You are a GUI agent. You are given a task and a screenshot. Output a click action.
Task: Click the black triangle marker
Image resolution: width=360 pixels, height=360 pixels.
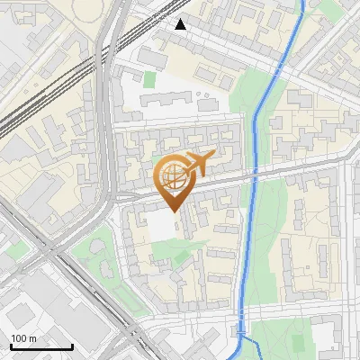[x=181, y=24]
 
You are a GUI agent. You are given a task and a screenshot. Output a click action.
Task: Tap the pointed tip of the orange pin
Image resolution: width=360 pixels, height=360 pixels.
[x=174, y=210]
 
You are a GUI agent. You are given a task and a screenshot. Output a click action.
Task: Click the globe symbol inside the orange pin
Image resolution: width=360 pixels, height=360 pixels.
[x=173, y=176]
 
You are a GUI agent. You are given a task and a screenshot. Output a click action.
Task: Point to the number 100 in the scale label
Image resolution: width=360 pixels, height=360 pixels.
[x=19, y=338]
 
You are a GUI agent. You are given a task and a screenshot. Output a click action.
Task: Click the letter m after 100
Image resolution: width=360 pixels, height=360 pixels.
[x=31, y=338]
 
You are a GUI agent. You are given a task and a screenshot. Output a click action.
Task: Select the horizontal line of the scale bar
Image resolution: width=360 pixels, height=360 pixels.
[x=40, y=346]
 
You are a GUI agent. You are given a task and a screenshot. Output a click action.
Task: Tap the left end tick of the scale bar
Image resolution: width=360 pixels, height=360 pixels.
[x=10, y=345]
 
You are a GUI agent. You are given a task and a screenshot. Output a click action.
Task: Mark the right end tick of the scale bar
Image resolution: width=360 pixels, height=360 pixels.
[x=72, y=345]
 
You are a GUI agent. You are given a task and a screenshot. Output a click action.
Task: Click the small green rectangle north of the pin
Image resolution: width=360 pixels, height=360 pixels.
[x=149, y=79]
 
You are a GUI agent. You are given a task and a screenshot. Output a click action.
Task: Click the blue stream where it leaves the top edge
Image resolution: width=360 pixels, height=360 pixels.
[x=302, y=3]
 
